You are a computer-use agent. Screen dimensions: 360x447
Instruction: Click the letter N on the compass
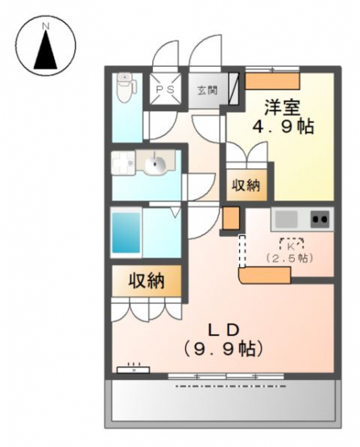click(x=45, y=27)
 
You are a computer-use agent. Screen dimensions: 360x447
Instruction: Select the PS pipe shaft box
click(x=166, y=89)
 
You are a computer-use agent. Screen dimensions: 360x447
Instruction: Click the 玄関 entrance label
click(x=207, y=91)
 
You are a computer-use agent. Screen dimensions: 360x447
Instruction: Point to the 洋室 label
click(x=283, y=107)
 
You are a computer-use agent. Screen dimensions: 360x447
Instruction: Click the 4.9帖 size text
click(x=283, y=126)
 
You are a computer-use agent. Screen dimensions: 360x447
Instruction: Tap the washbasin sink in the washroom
click(x=155, y=163)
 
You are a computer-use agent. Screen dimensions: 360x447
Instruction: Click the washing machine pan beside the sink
click(x=123, y=163)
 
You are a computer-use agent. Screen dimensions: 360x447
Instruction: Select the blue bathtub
click(x=126, y=233)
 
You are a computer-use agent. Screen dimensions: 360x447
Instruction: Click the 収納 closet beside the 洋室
click(x=246, y=185)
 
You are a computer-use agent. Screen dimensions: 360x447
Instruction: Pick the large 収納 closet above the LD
click(x=147, y=281)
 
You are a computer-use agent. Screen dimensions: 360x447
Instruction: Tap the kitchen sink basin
click(x=286, y=219)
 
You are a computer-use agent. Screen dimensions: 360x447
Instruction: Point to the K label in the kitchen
click(x=292, y=246)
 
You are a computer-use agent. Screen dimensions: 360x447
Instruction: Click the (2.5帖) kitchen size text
click(x=290, y=259)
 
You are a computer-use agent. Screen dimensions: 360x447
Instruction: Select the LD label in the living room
click(x=222, y=330)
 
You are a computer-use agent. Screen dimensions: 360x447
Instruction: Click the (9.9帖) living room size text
click(x=222, y=349)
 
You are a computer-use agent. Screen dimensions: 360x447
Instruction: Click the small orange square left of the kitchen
click(x=231, y=217)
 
